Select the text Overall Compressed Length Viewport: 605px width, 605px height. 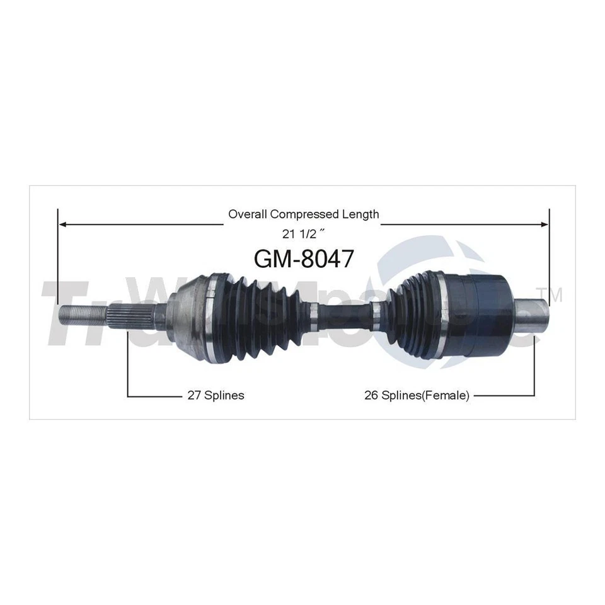303,214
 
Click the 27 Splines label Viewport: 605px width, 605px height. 216,396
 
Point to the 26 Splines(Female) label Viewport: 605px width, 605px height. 417,396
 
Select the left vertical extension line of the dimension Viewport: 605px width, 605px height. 58,265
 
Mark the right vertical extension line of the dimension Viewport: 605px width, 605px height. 550,258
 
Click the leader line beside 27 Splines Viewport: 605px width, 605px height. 151,396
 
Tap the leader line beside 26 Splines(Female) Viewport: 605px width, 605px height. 504,396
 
